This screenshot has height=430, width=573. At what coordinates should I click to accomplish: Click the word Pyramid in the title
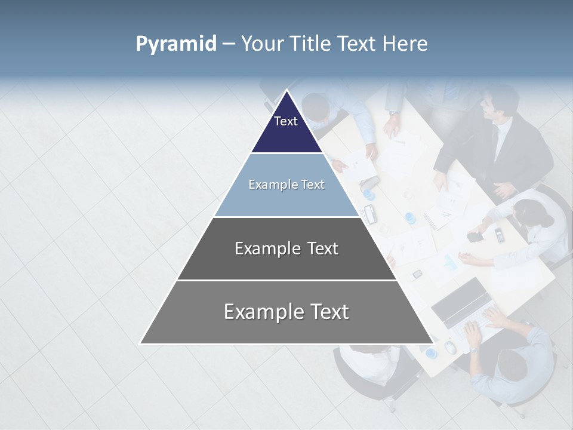175,44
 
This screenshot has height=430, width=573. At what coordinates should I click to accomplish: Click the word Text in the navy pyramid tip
286,121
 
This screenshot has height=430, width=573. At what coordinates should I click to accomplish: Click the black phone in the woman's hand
475,236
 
